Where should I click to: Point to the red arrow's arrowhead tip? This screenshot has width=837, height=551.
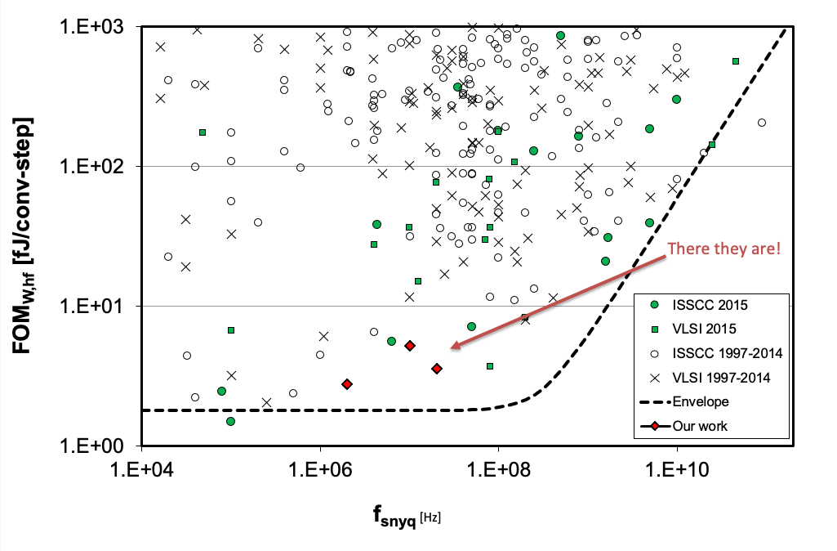click(450, 349)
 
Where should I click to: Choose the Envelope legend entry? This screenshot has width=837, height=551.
click(700, 401)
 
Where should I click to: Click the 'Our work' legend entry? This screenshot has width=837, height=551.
click(700, 426)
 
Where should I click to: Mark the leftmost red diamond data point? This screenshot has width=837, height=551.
click(347, 383)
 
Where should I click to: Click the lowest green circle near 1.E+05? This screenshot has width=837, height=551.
click(230, 421)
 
